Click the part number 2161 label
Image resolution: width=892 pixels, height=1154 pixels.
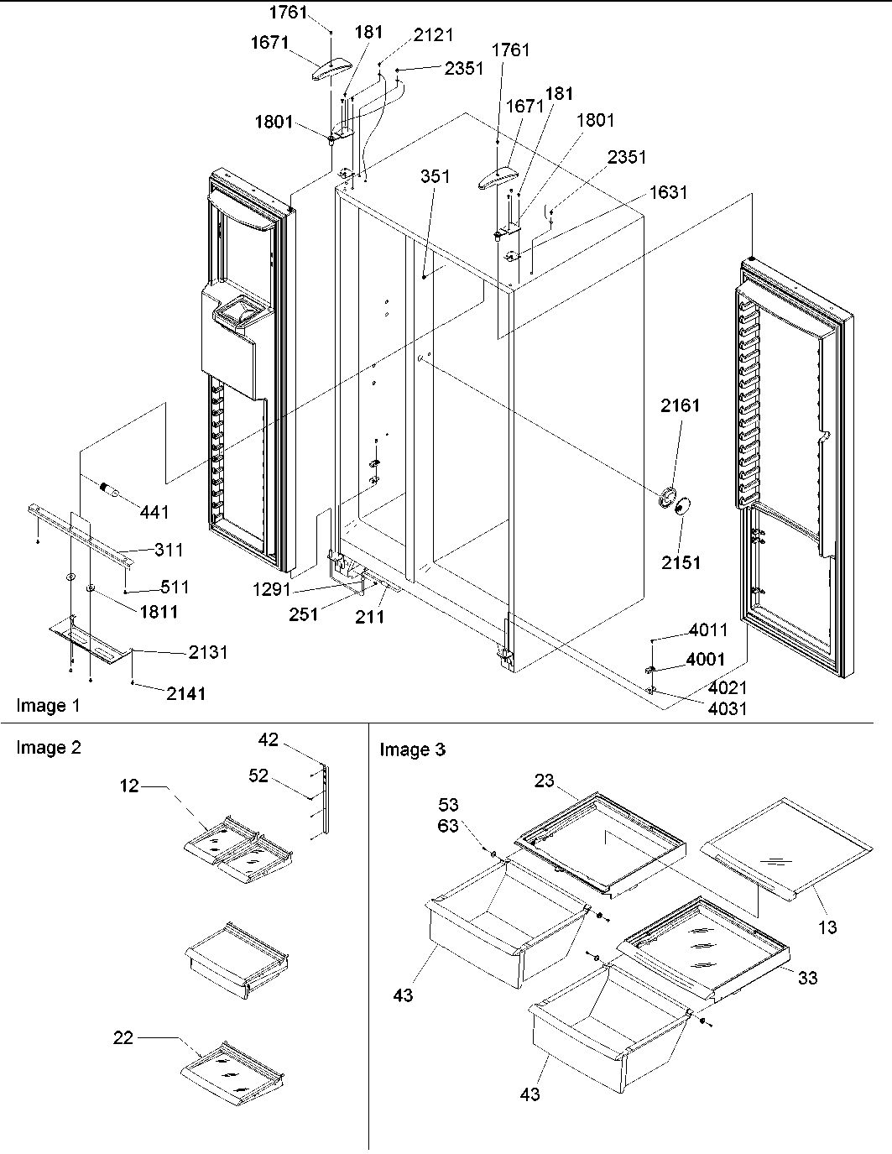coord(680,405)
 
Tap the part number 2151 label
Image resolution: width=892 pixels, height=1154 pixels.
coord(680,561)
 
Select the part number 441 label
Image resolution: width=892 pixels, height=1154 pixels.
coord(154,512)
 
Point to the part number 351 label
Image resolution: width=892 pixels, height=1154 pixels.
coord(436,176)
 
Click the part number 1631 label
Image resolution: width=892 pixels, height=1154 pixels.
coord(668,192)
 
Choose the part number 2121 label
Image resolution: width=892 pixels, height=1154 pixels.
coord(433,34)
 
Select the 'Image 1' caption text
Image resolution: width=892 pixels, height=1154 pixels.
coord(49,706)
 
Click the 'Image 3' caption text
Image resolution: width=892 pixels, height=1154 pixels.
coord(412,749)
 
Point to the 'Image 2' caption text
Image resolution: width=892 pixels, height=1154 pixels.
coord(49,747)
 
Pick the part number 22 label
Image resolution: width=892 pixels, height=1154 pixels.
coord(124,1039)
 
